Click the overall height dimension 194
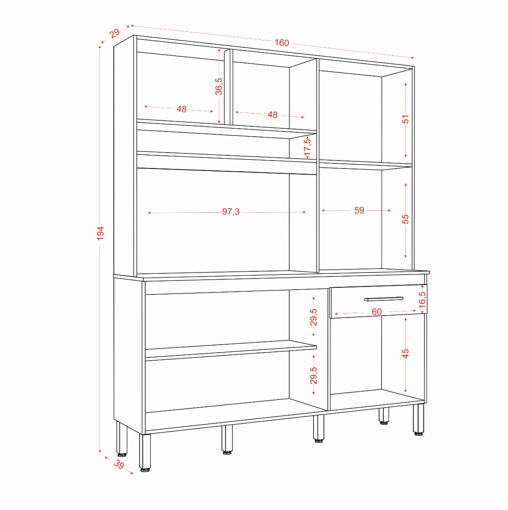100,233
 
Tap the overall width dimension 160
282,43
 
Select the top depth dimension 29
115,33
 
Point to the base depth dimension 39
119,464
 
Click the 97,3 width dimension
231,212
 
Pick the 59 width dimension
359,210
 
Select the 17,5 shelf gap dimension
308,147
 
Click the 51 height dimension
405,119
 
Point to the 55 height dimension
405,219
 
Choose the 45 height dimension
405,353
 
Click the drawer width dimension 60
376,312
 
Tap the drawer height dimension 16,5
422,298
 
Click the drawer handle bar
383,299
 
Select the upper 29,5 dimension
314,317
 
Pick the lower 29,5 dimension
314,375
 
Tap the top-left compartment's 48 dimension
181,109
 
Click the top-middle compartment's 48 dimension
272,115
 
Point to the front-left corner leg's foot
145,469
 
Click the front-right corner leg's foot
418,433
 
